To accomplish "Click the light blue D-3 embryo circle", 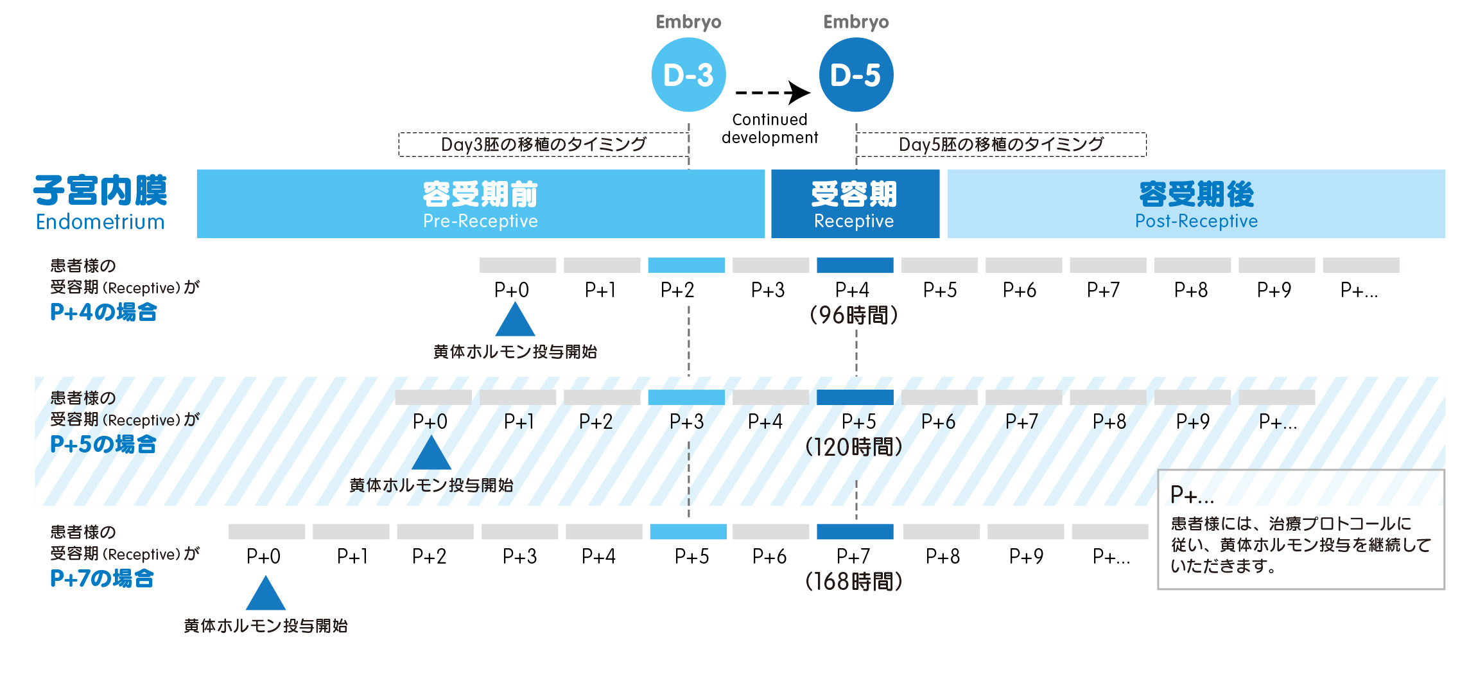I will (688, 74).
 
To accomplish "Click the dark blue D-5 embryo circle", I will (856, 74).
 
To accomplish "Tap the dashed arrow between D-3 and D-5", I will (772, 92).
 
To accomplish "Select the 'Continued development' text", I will (770, 128).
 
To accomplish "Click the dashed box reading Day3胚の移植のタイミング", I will (543, 144).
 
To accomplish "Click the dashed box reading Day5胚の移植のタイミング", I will (1001, 144).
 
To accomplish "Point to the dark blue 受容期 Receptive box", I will (855, 204).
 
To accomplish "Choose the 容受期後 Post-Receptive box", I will (1195, 204).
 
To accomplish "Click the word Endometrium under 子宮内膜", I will (100, 222).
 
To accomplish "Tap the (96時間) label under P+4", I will (853, 315).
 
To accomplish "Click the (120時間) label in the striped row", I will (853, 447).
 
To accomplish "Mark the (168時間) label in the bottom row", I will (853, 582).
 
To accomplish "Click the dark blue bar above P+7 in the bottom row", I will (855, 531).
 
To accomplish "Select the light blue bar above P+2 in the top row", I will (686, 265).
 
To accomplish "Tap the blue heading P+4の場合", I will (103, 313).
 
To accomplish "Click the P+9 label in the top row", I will (1274, 290).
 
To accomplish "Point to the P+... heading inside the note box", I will (1192, 496).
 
